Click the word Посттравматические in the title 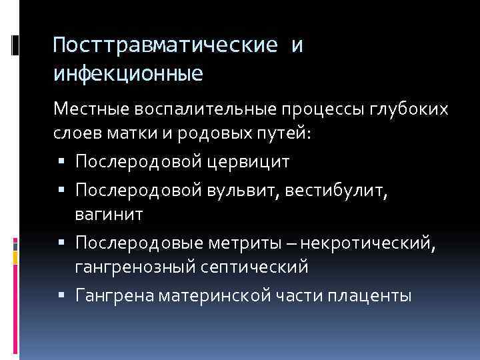point(165,46)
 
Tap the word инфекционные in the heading point(128,71)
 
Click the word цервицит point(242,161)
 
